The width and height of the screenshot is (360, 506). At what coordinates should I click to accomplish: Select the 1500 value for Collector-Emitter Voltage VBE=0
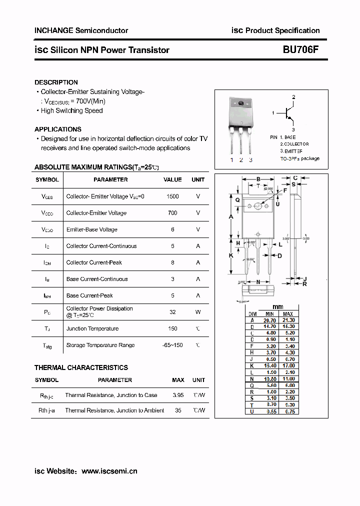pyautogui.click(x=172, y=196)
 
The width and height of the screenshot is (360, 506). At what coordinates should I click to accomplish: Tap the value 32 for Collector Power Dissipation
pyautogui.click(x=172, y=311)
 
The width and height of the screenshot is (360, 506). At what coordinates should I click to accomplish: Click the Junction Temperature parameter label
pyautogui.click(x=92, y=328)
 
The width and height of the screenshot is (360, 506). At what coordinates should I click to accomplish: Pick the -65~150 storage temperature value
pyautogui.click(x=172, y=345)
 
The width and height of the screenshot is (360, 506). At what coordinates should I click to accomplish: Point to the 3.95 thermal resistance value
pyautogui.click(x=178, y=395)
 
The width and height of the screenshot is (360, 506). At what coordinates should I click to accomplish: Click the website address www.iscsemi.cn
pyautogui.click(x=109, y=471)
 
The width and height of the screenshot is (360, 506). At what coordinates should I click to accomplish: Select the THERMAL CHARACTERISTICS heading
pyautogui.click(x=81, y=367)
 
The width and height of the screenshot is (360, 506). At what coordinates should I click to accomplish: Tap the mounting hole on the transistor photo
pyautogui.click(x=240, y=103)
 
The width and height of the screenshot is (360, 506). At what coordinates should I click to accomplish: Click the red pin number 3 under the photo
pyautogui.click(x=250, y=160)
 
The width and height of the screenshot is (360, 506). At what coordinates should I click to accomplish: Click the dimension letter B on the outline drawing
pyautogui.click(x=258, y=179)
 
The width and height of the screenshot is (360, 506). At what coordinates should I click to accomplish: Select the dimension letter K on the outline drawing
pyautogui.click(x=231, y=255)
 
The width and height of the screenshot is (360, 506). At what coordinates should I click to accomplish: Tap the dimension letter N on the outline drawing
pyautogui.click(x=258, y=282)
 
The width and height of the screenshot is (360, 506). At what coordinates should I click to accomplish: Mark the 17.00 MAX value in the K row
pyautogui.click(x=288, y=365)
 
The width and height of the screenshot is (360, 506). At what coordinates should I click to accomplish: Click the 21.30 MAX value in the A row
pyautogui.click(x=288, y=320)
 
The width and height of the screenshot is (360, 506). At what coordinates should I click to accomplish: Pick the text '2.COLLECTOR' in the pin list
pyautogui.click(x=294, y=143)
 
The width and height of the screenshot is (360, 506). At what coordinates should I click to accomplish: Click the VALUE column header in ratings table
pyautogui.click(x=172, y=179)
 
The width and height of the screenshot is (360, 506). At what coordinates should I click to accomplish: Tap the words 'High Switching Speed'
pyautogui.click(x=71, y=110)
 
